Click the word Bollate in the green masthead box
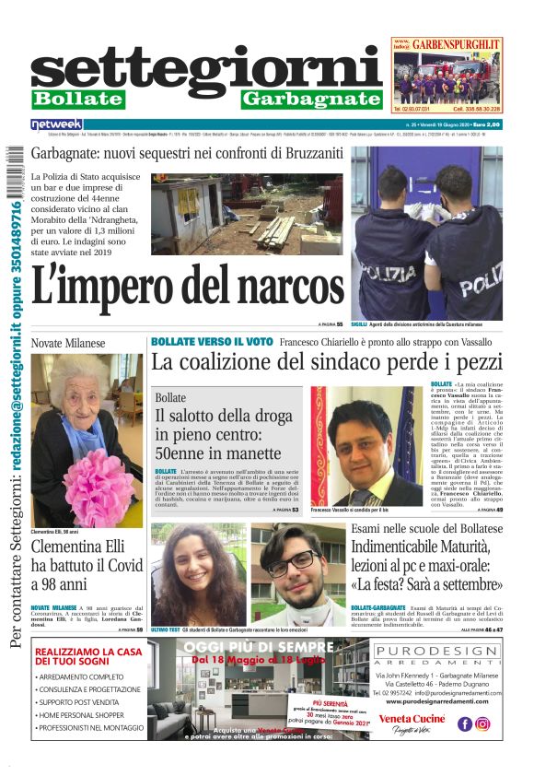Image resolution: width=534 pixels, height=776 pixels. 77,99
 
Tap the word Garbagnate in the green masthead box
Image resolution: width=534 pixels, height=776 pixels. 311,99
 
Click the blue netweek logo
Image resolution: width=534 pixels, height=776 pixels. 57,123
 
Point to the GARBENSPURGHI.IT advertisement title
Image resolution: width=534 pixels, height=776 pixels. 457,43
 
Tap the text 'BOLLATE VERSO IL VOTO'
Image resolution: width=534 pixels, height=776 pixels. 212,341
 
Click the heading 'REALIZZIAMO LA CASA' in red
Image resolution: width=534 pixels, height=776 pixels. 88,652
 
